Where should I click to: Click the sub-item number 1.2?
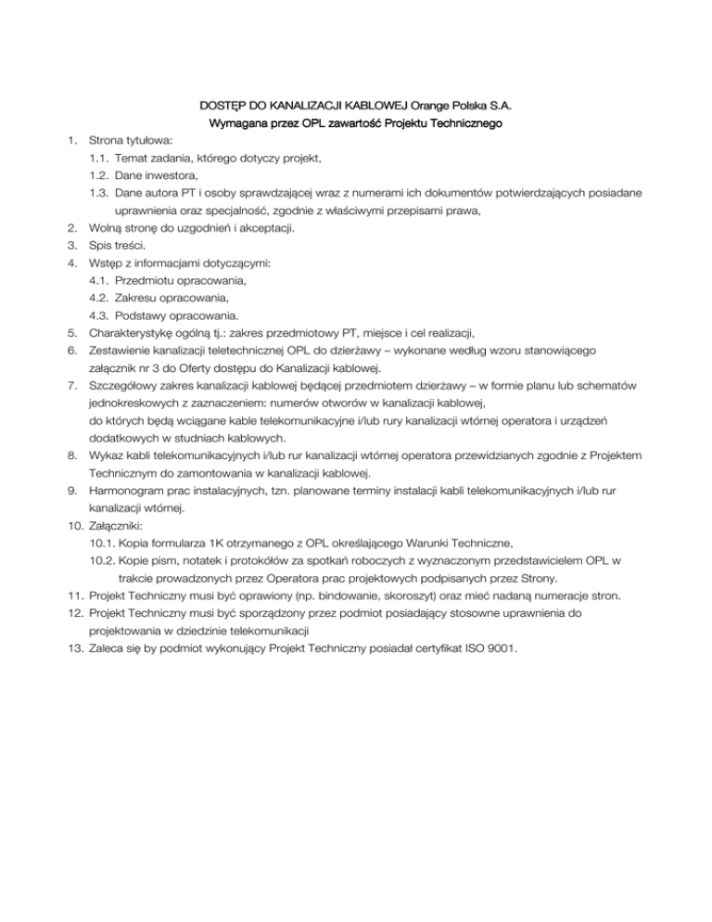click(x=99, y=175)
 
